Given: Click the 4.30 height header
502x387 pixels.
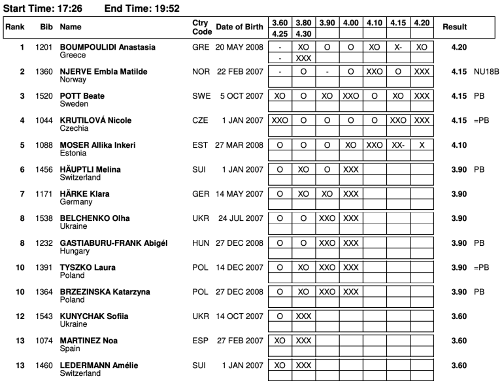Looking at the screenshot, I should coord(303,33).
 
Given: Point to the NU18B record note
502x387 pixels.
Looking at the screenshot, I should coord(487,71).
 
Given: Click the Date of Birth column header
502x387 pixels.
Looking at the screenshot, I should coord(240,27).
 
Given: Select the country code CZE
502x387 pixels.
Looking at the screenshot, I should coord(200,120).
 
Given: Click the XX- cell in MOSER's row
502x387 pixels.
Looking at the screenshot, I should coord(398,144).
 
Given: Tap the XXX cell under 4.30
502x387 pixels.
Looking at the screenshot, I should coord(303,58).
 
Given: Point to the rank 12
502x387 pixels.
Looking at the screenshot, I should coord(21,316).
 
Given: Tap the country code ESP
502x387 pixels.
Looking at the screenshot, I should coord(200,341).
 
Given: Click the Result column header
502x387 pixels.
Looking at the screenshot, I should coord(454,27).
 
